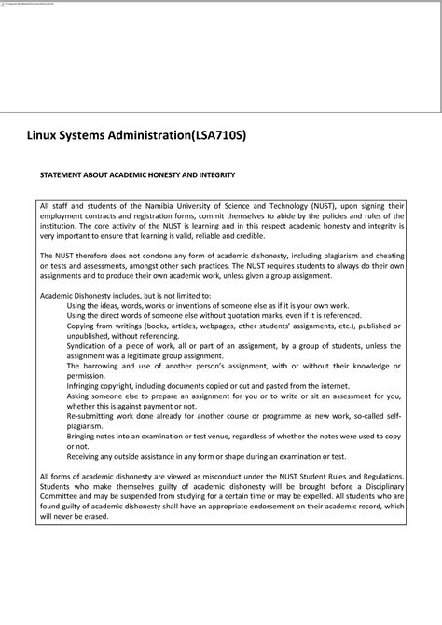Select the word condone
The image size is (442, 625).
point(143,255)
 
